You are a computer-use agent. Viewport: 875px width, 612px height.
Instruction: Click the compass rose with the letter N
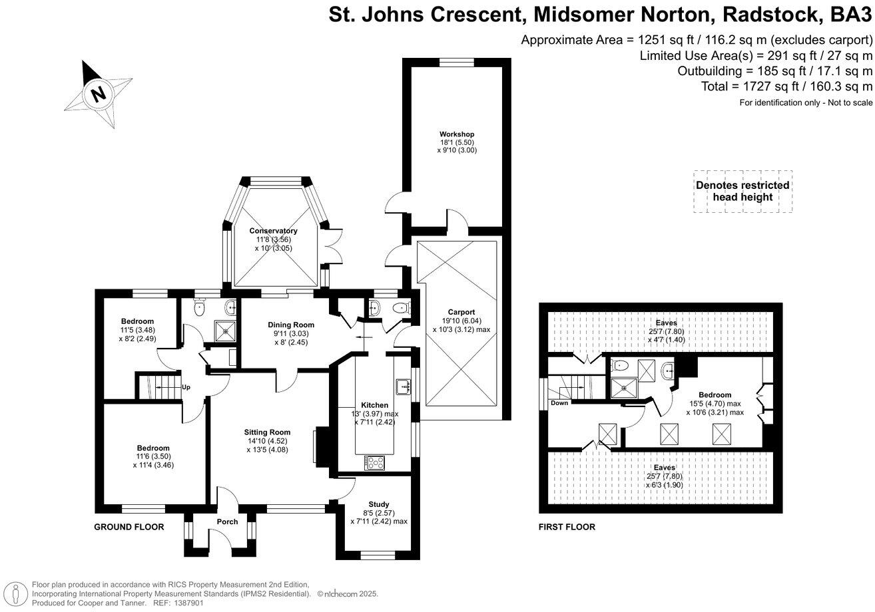98,93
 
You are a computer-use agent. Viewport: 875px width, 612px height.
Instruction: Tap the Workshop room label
456,134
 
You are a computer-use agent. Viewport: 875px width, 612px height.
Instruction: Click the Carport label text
461,312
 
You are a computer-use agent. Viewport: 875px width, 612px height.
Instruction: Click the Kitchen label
374,405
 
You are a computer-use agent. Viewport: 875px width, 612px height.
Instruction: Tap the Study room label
378,504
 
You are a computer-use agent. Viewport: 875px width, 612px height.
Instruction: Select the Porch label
227,522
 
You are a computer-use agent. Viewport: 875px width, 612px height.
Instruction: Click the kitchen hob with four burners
374,462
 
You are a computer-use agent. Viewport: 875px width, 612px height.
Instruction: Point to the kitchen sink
403,386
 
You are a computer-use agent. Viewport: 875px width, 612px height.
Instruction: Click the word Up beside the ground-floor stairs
186,386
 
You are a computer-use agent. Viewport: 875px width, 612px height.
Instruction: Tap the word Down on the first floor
559,403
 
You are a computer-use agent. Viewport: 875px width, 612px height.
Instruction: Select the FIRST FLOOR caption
567,527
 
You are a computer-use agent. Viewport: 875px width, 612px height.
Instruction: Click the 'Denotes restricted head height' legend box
742,191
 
